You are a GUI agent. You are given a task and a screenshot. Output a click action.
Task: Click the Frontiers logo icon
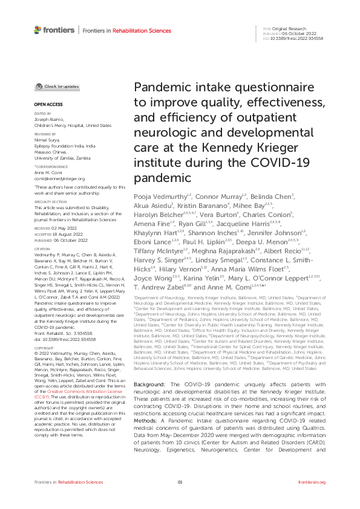tap(38, 29)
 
